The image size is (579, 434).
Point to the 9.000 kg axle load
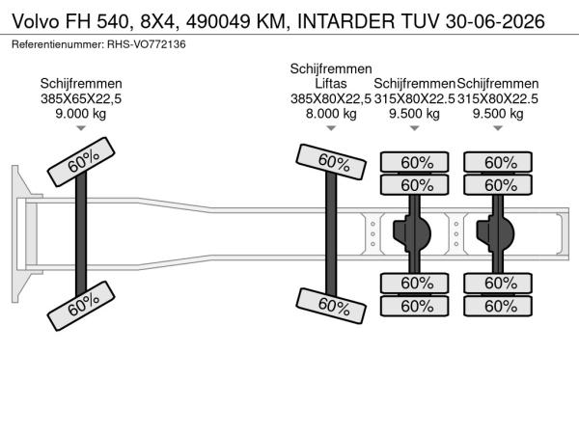[x=80, y=113]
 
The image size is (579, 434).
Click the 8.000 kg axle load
[x=331, y=113]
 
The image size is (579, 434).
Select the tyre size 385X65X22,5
[x=80, y=98]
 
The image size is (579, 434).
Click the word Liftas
[x=331, y=84]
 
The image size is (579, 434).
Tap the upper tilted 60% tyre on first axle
[x=81, y=165]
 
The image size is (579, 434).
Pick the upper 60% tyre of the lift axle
[x=331, y=161]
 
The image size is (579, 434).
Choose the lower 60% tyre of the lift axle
[x=332, y=305]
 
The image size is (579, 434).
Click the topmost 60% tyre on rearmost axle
[x=500, y=162]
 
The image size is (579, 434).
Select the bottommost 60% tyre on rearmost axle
[x=500, y=306]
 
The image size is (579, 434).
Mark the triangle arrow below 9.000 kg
[x=80, y=128]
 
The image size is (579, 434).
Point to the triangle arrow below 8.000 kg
[x=331, y=128]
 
